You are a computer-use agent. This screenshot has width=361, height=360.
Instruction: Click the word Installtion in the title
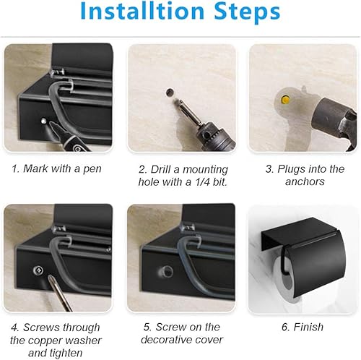tap(141, 12)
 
